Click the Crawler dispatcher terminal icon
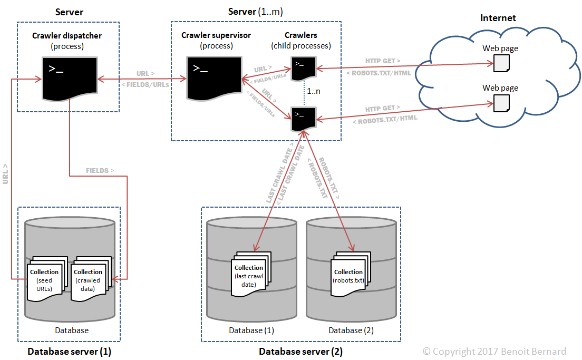[70, 79]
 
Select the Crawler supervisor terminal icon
[214, 78]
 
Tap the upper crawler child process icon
[304, 69]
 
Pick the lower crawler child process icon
[304, 119]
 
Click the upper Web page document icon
[501, 63]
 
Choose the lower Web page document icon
[501, 103]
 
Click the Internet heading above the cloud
[498, 18]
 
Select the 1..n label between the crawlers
[314, 91]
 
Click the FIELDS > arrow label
[100, 171]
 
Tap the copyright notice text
[494, 352]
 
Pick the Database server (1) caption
[70, 352]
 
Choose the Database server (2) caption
[300, 352]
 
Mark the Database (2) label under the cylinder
[351, 330]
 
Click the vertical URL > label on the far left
[5, 174]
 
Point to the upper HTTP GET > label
[383, 61]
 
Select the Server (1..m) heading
[255, 12]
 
